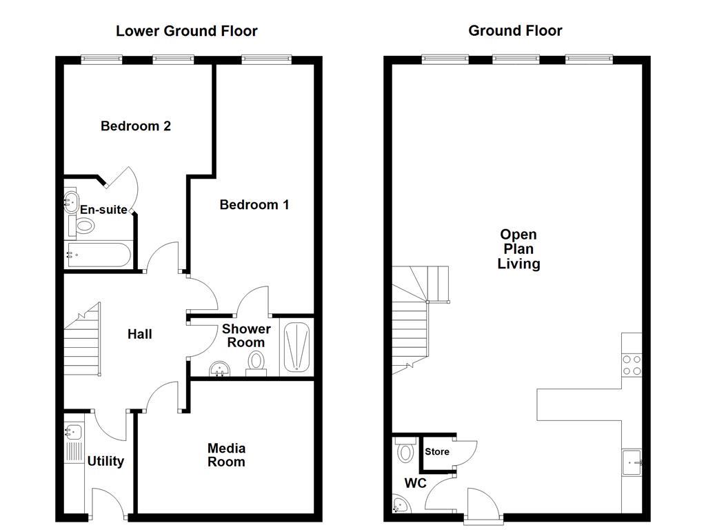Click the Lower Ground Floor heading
(186, 31)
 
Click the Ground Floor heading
(515, 31)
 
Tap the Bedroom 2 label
(136, 126)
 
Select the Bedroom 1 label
(254, 204)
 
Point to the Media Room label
(226, 455)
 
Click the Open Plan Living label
(518, 249)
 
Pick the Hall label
(140, 335)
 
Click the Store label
(437, 452)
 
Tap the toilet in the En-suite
(85, 225)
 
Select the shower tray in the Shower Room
(296, 348)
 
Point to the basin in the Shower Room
(220, 369)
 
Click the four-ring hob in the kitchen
(632, 364)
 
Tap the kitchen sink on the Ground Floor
(632, 462)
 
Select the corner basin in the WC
(399, 506)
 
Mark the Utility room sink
(73, 433)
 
